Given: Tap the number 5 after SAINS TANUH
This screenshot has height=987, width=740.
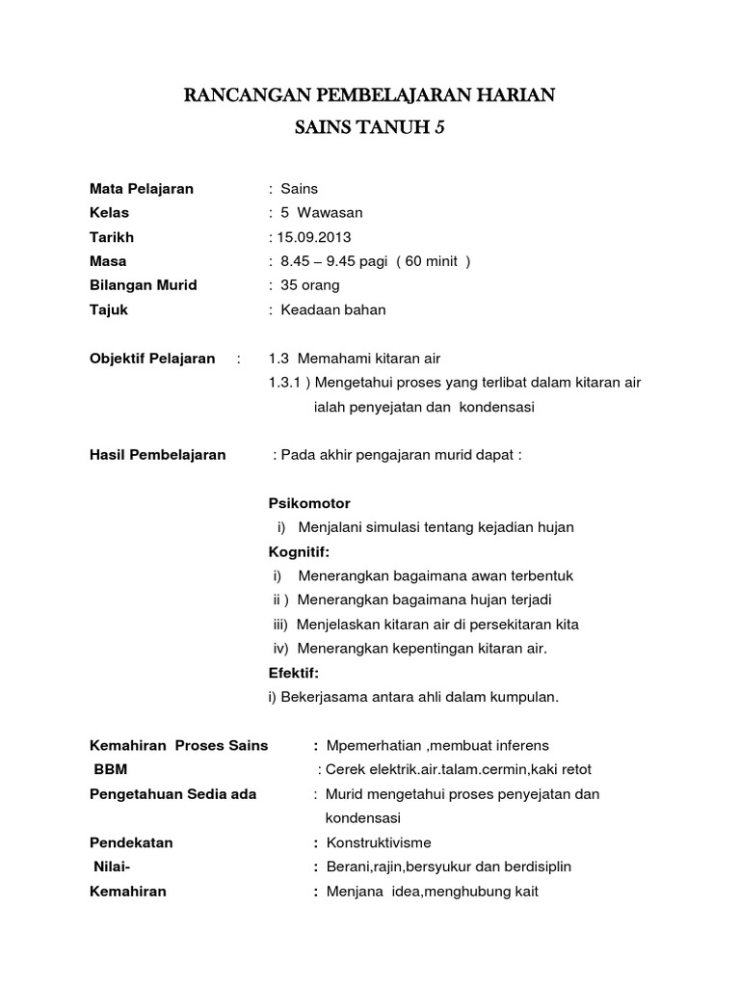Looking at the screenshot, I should click(x=439, y=128).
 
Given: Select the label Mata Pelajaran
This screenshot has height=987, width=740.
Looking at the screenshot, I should click(x=141, y=189).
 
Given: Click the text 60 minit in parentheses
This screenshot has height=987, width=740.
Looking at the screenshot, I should click(x=430, y=261).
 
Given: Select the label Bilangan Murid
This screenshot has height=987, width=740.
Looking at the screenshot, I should click(x=143, y=285).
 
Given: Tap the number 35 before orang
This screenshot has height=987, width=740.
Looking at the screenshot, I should click(x=288, y=285).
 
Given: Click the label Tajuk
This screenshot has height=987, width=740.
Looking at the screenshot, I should click(x=108, y=310).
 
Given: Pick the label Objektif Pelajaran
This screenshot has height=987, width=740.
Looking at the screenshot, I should click(x=152, y=359).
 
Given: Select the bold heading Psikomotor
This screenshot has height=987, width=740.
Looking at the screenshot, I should click(x=308, y=503).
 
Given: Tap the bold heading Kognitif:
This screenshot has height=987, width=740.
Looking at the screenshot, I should click(x=299, y=551).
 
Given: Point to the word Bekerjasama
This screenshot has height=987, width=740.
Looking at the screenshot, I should click(x=324, y=696).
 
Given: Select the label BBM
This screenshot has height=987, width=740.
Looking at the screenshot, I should click(x=111, y=770).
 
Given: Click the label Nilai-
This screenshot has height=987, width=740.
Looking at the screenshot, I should click(x=112, y=867).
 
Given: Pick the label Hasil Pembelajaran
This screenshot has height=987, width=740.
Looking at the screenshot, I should click(x=157, y=455).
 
